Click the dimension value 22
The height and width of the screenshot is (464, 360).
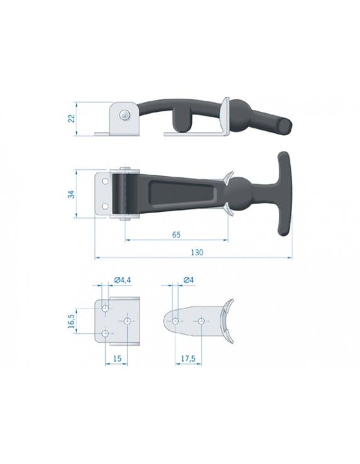[x=71, y=118]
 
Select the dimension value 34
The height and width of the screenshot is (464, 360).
[x=71, y=194]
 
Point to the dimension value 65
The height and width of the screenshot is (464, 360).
[x=176, y=235]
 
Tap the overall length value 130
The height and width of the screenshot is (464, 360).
[x=196, y=252]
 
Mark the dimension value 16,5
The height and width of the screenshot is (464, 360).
[x=71, y=320]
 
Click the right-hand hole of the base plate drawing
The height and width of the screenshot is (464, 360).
[x=128, y=321]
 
